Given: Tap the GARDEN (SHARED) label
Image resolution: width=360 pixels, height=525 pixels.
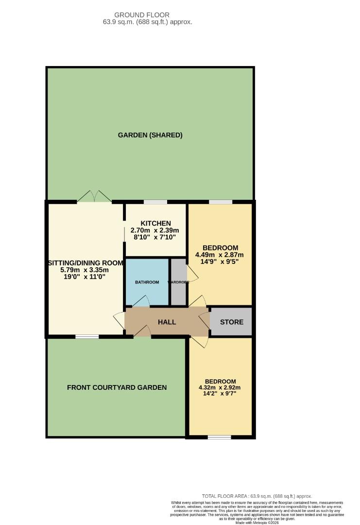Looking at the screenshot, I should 150,135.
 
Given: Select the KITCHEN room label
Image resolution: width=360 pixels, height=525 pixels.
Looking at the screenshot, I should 153,223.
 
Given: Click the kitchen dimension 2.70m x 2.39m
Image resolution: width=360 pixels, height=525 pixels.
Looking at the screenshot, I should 153,230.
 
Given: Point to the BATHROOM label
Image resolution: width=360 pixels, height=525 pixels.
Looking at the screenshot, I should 147,282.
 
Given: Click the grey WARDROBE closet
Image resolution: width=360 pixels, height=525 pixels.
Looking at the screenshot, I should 178,282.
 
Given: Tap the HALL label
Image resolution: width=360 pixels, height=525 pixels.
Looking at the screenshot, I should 167,322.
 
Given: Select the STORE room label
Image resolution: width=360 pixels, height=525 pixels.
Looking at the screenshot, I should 232,322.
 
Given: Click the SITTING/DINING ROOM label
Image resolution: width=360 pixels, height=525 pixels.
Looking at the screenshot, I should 85,263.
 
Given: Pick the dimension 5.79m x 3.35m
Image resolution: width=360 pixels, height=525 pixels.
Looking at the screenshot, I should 85,270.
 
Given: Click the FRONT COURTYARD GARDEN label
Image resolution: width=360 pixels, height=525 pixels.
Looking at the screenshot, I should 117,387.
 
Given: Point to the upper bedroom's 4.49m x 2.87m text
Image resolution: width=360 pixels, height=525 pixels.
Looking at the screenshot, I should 220,255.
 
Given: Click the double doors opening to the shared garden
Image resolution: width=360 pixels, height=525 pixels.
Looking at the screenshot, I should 94,196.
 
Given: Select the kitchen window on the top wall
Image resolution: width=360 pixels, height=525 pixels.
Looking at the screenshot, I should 155,202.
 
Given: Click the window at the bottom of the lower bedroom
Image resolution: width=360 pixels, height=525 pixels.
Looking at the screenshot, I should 220,437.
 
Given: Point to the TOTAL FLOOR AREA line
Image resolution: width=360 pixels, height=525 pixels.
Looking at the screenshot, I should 257,495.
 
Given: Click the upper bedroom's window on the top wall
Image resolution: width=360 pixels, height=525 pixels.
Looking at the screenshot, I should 221,202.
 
